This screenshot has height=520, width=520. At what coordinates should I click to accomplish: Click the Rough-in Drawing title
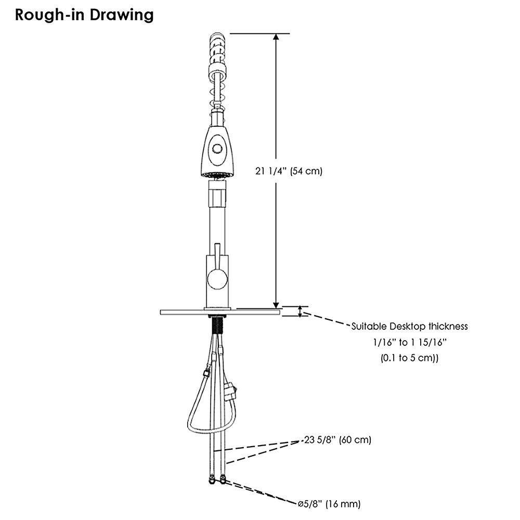84,15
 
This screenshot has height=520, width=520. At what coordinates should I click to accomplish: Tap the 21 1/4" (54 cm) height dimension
289,171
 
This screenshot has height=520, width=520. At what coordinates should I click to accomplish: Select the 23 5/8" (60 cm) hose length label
338,440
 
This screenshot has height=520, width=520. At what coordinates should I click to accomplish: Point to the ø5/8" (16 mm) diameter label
329,504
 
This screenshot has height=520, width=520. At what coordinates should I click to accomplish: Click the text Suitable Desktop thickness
410,327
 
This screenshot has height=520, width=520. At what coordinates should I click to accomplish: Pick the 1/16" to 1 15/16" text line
410,342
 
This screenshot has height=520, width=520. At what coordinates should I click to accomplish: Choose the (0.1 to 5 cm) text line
410,358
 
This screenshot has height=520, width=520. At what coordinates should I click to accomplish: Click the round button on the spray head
217,148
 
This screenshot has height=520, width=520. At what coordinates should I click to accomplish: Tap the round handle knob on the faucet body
217,279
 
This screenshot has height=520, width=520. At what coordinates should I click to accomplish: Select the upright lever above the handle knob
217,256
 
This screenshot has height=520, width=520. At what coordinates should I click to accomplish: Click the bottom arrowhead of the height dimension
276,305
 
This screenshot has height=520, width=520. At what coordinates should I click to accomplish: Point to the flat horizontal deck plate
220,313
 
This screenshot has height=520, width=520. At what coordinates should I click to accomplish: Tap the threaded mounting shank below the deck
217,324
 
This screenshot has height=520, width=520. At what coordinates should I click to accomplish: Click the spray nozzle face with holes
217,175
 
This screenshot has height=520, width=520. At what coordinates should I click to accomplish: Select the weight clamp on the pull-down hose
230,392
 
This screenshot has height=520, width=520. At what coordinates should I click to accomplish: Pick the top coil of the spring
217,36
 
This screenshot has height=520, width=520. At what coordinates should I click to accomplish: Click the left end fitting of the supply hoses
211,480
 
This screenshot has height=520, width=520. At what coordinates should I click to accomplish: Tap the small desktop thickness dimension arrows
300,311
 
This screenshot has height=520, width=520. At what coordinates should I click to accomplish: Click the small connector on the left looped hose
206,372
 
